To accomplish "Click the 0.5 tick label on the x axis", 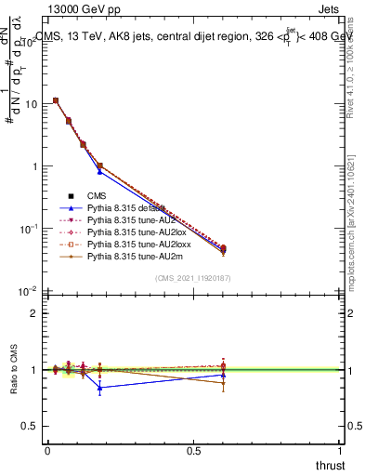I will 194,451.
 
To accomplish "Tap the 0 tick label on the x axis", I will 47,451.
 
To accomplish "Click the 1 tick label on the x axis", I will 341,451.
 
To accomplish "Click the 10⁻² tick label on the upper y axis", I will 28,291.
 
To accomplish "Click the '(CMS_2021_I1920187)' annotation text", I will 194,278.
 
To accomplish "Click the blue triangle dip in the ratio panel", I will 99,388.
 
